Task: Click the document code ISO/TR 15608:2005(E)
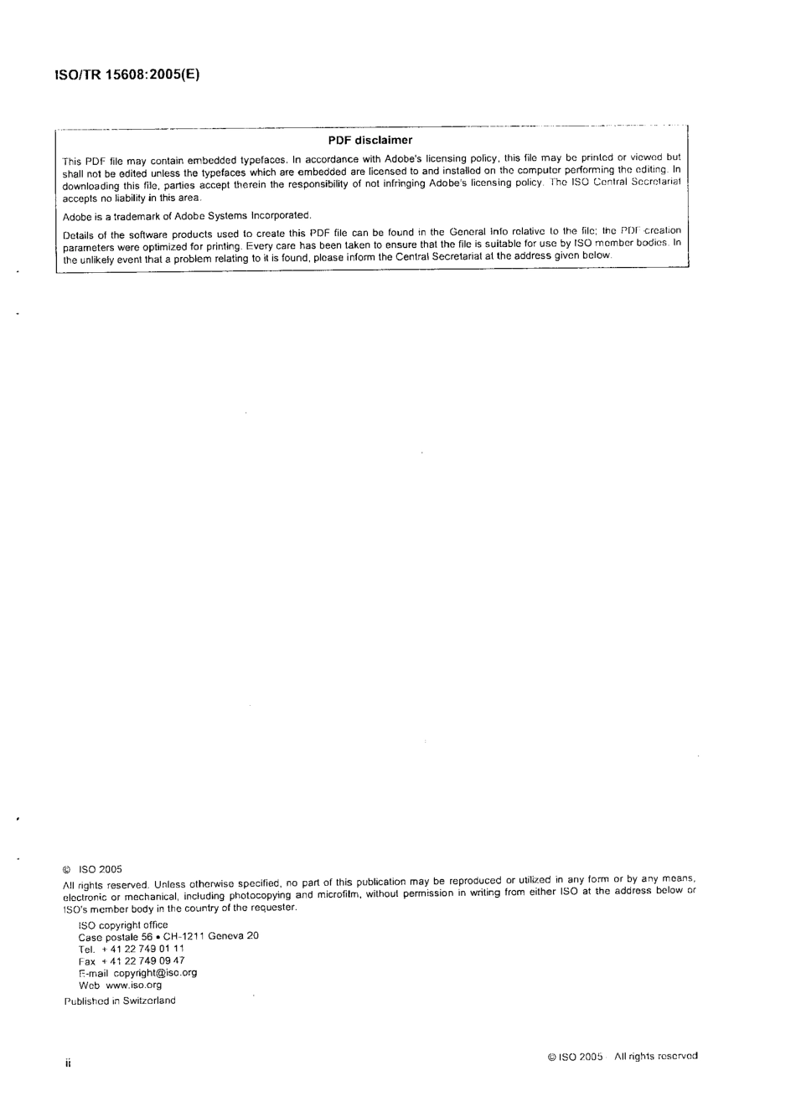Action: pyautogui.click(x=126, y=74)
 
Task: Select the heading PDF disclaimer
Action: pyautogui.click(x=370, y=140)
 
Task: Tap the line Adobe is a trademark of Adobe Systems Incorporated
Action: pyautogui.click(x=187, y=216)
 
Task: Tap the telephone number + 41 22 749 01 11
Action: pyautogui.click(x=142, y=949)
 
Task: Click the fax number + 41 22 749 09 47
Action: pyautogui.click(x=142, y=960)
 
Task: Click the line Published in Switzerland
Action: pyautogui.click(x=120, y=1001)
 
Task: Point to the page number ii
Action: pyautogui.click(x=69, y=1063)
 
